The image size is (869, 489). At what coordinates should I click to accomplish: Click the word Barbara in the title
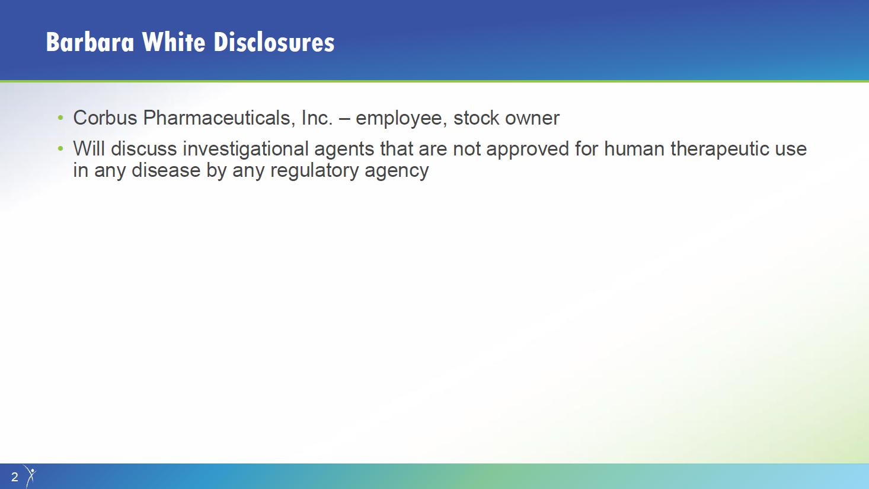click(x=90, y=42)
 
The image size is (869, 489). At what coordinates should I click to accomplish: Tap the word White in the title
click(x=174, y=42)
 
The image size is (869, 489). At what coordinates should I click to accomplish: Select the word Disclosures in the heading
click(x=274, y=42)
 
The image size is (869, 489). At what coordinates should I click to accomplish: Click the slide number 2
click(x=15, y=477)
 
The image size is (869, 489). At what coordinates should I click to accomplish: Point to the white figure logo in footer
click(x=30, y=476)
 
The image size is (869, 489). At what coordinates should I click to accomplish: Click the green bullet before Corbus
click(x=60, y=118)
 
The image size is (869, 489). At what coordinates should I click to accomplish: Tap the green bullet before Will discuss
click(x=60, y=148)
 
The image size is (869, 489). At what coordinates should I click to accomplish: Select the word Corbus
click(x=105, y=118)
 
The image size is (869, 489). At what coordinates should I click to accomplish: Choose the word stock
click(x=477, y=118)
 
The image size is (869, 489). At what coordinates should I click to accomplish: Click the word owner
click(x=532, y=119)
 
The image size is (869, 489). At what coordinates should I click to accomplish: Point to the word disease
click(x=166, y=170)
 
